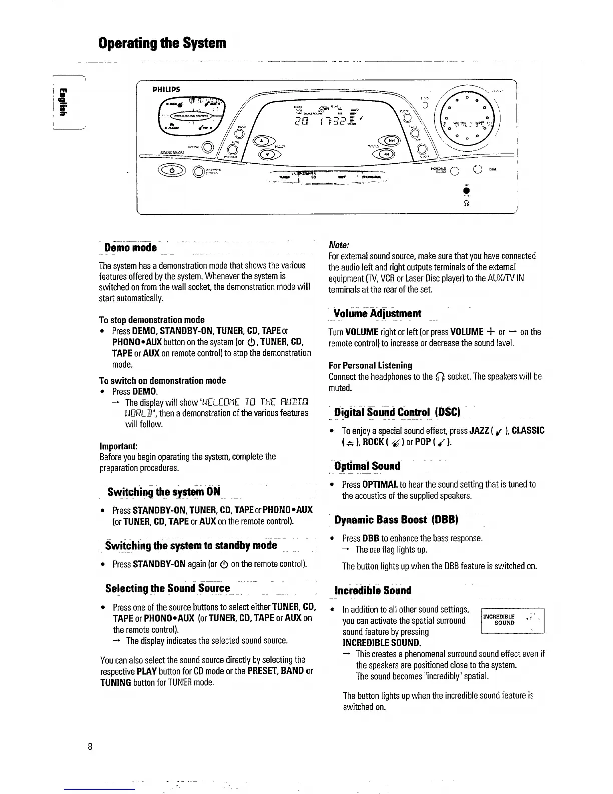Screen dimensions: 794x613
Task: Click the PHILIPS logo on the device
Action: [x=166, y=90]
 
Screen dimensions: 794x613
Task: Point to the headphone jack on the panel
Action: [x=466, y=192]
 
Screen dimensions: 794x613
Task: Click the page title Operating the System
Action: [x=162, y=43]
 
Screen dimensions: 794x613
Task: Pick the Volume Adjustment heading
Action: [x=377, y=314]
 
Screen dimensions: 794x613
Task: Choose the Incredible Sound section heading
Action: [x=373, y=591]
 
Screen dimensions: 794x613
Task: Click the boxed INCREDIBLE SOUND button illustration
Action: [x=512, y=620]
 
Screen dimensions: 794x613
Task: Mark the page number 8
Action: [x=90, y=747]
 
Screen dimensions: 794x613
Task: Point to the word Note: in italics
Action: [x=339, y=245]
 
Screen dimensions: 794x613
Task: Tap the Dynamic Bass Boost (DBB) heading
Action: [x=396, y=520]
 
